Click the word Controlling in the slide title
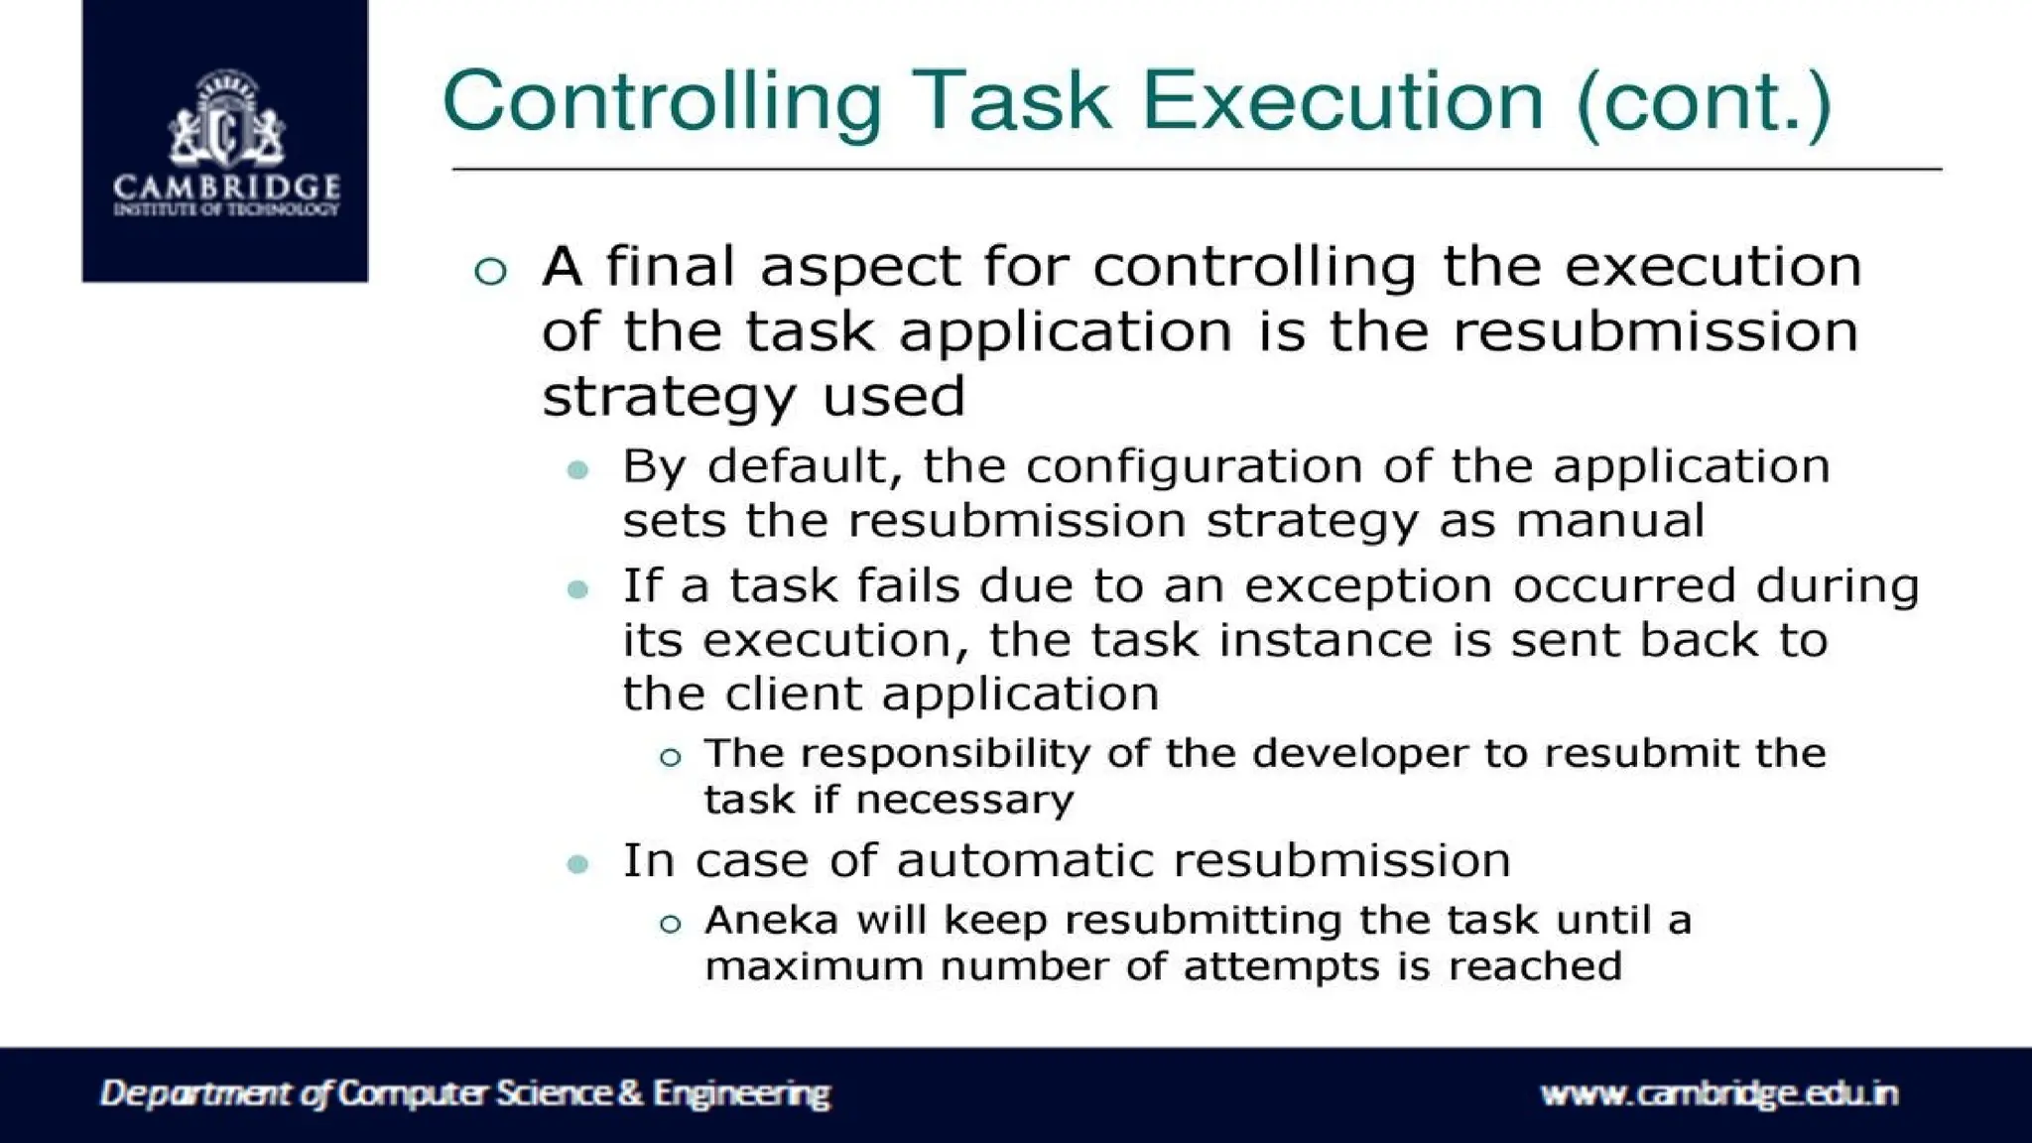pyautogui.click(x=662, y=102)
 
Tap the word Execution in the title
pyautogui.click(x=1342, y=102)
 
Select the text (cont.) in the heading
pyautogui.click(x=1703, y=102)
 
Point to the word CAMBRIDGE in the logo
pyautogui.click(x=226, y=186)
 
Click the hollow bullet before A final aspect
pyautogui.click(x=491, y=271)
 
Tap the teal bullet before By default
pyautogui.click(x=578, y=469)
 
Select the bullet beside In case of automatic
pyautogui.click(x=578, y=864)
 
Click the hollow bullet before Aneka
pyautogui.click(x=671, y=925)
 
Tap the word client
pyautogui.click(x=791, y=694)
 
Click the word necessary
pyautogui.click(x=964, y=801)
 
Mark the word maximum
pyautogui.click(x=814, y=966)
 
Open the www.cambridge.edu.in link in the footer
pyautogui.click(x=1719, y=1093)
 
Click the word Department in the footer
pyautogui.click(x=196, y=1093)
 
